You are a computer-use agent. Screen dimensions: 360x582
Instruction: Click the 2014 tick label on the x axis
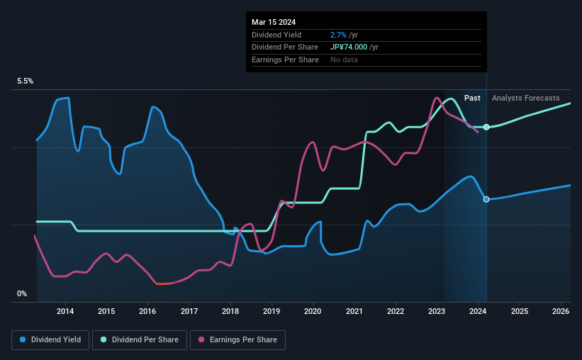click(x=65, y=311)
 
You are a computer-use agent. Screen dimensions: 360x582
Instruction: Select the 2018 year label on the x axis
click(x=230, y=311)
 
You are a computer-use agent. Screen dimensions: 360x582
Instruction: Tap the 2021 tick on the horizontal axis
click(x=354, y=311)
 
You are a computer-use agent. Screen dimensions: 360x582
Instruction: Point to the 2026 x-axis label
click(x=561, y=311)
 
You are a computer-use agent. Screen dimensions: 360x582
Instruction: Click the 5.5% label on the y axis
click(x=26, y=81)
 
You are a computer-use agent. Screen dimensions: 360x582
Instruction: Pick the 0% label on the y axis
click(x=22, y=293)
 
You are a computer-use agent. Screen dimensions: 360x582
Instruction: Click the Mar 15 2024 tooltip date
click(x=273, y=21)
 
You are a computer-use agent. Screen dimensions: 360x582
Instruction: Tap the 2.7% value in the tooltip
click(x=338, y=35)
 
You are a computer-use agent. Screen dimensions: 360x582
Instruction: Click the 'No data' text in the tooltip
click(x=344, y=60)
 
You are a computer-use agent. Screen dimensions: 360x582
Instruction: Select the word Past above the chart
click(x=472, y=98)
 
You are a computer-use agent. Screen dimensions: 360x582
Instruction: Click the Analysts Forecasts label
click(x=525, y=98)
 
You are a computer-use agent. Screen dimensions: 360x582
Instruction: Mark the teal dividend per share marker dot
click(x=486, y=127)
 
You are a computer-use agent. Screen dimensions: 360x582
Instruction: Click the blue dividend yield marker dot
click(x=486, y=199)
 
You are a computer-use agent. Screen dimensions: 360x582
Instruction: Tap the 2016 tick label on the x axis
click(x=147, y=311)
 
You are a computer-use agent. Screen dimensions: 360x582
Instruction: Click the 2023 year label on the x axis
click(x=437, y=311)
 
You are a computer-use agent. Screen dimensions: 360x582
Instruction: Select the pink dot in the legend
click(x=202, y=340)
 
